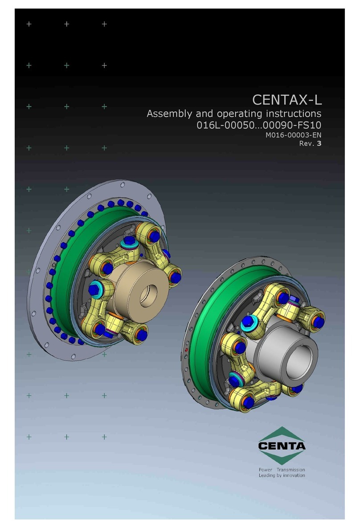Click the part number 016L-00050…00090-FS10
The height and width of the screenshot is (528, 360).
259,126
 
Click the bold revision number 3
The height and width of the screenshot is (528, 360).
319,144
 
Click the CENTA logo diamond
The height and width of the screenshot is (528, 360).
282,446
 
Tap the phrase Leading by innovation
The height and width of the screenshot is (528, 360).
282,475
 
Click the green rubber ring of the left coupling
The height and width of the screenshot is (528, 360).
67,276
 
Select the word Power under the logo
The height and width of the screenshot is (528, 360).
266,470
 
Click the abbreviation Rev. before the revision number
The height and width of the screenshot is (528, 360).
307,144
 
